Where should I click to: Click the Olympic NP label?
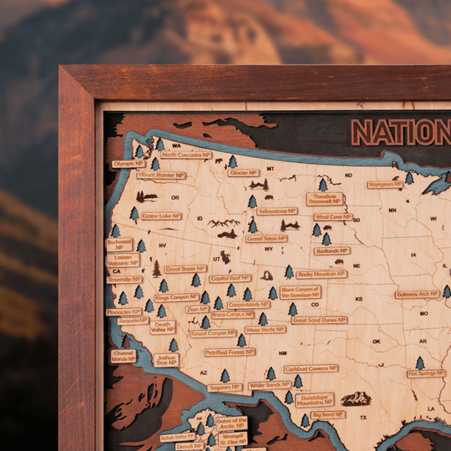coord(129,164)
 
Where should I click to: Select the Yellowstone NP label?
coord(277,211)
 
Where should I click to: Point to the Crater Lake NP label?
coord(161,215)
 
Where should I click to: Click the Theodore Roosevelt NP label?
coord(324,199)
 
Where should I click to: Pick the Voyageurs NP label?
coord(385,184)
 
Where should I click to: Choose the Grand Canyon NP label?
coord(213,333)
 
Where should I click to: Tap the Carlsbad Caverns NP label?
coord(311,368)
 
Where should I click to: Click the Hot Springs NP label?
coord(425,373)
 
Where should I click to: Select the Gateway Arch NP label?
coord(417,294)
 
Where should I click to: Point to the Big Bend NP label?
coord(328,415)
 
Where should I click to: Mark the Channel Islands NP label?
coord(124,356)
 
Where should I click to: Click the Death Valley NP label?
coord(162,327)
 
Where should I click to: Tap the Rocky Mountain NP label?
coord(321,274)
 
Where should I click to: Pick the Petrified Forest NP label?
coord(231,352)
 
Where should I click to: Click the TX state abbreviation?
coord(363,417)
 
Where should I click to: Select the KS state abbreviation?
coord(359,298)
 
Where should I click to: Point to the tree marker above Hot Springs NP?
coord(420,362)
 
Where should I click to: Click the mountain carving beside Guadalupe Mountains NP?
coord(357,398)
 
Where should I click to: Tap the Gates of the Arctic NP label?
coord(231,423)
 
